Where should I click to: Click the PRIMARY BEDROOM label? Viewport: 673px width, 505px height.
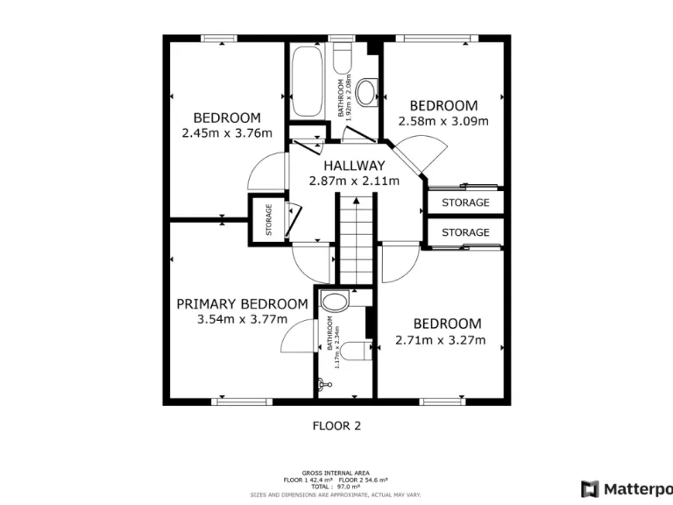click(x=242, y=304)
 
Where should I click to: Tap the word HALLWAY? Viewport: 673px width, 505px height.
click(x=353, y=166)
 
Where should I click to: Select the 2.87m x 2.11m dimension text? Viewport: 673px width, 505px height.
click(x=353, y=181)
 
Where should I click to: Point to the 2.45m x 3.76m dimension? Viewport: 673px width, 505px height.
click(x=227, y=133)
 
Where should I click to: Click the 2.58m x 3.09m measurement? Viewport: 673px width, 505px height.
click(x=443, y=122)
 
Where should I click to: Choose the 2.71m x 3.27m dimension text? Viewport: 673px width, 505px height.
click(x=440, y=340)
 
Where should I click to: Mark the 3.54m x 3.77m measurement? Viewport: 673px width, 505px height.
click(x=243, y=319)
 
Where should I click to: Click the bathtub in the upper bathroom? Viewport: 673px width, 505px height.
click(x=307, y=83)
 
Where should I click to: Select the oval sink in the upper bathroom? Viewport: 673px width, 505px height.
click(x=366, y=91)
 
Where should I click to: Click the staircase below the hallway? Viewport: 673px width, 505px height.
click(x=357, y=238)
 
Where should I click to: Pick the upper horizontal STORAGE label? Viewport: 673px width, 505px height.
click(x=465, y=203)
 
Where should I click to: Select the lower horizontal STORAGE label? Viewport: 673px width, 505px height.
click(x=465, y=232)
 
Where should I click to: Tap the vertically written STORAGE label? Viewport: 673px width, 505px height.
click(x=269, y=219)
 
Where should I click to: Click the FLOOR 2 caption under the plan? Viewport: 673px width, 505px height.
click(x=336, y=426)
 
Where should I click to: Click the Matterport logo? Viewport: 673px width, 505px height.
click(x=626, y=488)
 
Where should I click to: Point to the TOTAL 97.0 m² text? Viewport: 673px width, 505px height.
click(x=336, y=485)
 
